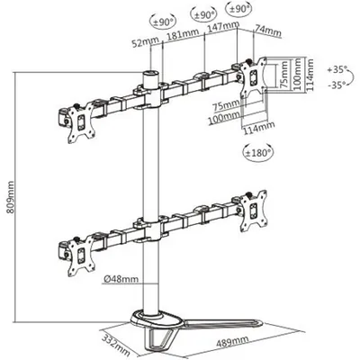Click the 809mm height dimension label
click(10, 197)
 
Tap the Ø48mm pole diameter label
click(121, 279)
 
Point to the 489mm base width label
click(232, 341)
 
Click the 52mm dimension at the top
click(141, 43)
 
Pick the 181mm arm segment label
click(183, 34)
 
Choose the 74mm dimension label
click(268, 31)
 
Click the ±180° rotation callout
click(258, 153)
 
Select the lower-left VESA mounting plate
click(80, 256)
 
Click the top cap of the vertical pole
click(151, 74)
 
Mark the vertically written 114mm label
click(310, 75)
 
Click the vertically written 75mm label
click(284, 75)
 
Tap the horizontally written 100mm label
click(224, 115)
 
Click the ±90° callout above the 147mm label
click(202, 14)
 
